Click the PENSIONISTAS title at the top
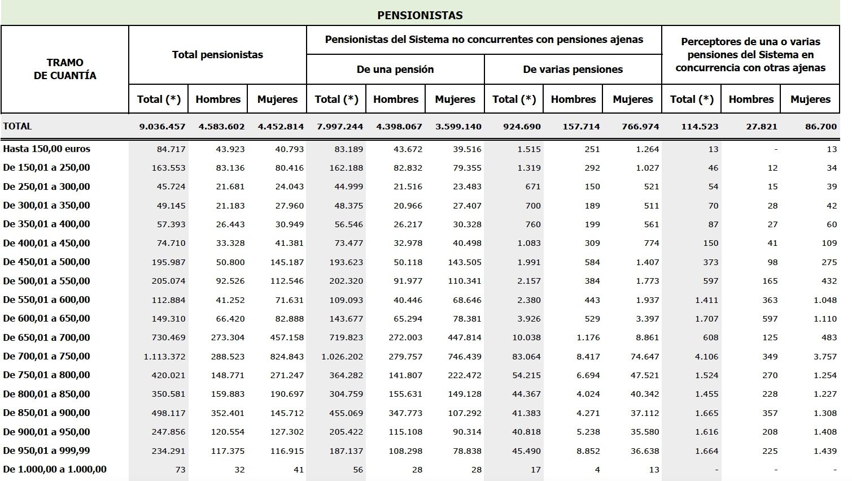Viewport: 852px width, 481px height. pos(420,15)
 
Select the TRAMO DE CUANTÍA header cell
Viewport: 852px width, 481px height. pos(65,69)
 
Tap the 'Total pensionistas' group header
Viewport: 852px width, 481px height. pos(217,55)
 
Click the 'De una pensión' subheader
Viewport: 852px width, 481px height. pos(395,70)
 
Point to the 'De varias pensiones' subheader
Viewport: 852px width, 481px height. pos(573,70)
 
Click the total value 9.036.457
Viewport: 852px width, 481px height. pos(163,127)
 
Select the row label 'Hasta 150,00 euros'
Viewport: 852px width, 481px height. pos(47,149)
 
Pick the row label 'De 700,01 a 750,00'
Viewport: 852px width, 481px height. pos(47,357)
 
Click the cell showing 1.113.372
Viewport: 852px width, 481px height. pos(165,357)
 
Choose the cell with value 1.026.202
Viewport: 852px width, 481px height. pos(342,357)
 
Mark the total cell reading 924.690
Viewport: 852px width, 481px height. pos(522,127)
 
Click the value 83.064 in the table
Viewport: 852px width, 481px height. pos(525,357)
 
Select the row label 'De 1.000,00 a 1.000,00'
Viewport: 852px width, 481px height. pos(55,470)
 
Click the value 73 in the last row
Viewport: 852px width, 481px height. pos(180,470)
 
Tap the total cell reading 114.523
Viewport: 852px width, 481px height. pos(700,127)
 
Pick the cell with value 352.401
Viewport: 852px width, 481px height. pos(228,413)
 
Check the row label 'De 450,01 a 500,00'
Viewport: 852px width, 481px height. pos(47,262)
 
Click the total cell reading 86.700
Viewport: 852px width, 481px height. pos(821,127)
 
